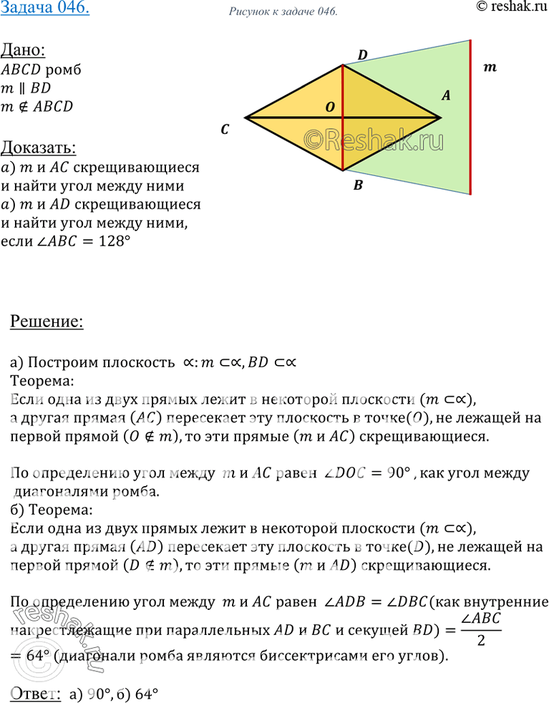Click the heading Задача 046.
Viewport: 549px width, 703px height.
click(44, 10)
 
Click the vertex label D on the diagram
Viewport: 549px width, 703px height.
click(362, 54)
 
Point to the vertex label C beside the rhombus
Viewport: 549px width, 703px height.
click(225, 130)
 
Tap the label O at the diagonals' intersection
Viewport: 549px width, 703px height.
click(330, 107)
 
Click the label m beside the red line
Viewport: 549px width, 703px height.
click(490, 68)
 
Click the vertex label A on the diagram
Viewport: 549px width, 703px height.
click(445, 94)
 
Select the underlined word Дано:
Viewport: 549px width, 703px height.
click(23, 52)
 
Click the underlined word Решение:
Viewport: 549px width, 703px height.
click(47, 321)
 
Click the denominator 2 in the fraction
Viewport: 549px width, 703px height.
click(482, 640)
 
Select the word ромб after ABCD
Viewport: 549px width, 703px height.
click(63, 70)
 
